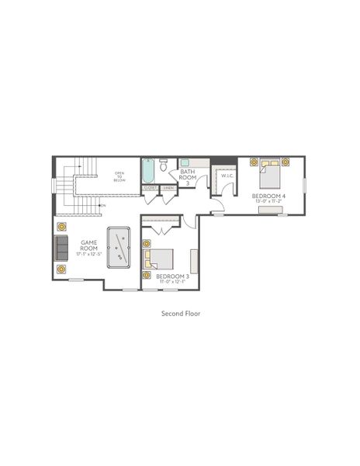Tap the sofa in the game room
(x=60, y=248)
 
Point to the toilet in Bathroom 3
(x=164, y=165)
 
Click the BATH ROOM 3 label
(x=187, y=176)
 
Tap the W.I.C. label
(x=227, y=176)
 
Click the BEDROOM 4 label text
(x=268, y=196)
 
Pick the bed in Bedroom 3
(x=161, y=260)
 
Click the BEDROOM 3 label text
(x=172, y=276)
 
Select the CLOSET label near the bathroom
(x=151, y=187)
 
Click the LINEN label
(x=168, y=187)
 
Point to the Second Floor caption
(x=179, y=315)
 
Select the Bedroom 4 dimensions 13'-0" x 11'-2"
(x=268, y=203)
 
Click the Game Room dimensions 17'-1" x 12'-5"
(x=88, y=255)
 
